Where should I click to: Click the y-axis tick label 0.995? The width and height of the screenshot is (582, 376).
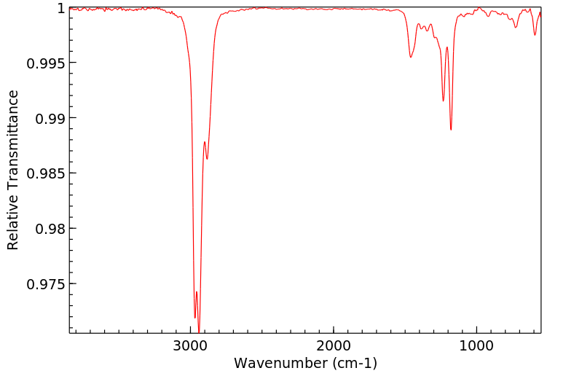(46, 63)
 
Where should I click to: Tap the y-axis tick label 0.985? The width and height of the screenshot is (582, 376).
(46, 173)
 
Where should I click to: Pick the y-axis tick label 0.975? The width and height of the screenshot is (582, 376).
(46, 283)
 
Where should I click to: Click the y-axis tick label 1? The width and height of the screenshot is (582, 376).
(61, 8)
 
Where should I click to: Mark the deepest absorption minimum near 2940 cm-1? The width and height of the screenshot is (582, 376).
(199, 332)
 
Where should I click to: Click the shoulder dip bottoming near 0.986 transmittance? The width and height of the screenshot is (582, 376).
(208, 159)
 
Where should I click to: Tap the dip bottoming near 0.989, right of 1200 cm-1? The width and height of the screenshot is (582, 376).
(451, 130)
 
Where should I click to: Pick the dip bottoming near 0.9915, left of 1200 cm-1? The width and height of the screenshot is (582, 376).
(443, 101)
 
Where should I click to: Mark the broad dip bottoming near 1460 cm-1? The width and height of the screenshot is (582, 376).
(411, 57)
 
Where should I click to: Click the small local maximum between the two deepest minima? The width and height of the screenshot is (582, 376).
(197, 292)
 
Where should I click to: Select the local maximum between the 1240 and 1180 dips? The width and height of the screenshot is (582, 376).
(447, 47)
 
